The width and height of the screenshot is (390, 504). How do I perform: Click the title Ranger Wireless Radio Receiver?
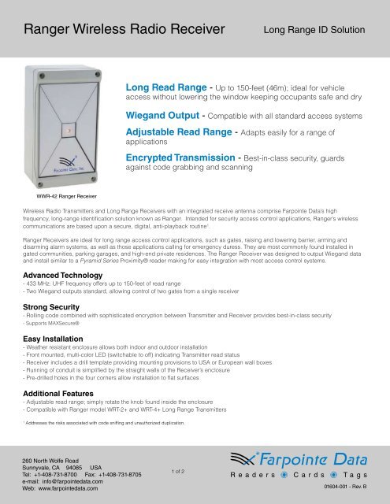(124, 31)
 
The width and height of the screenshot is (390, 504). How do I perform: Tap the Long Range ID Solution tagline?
(313, 31)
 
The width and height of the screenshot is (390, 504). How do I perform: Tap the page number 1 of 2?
(177, 471)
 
